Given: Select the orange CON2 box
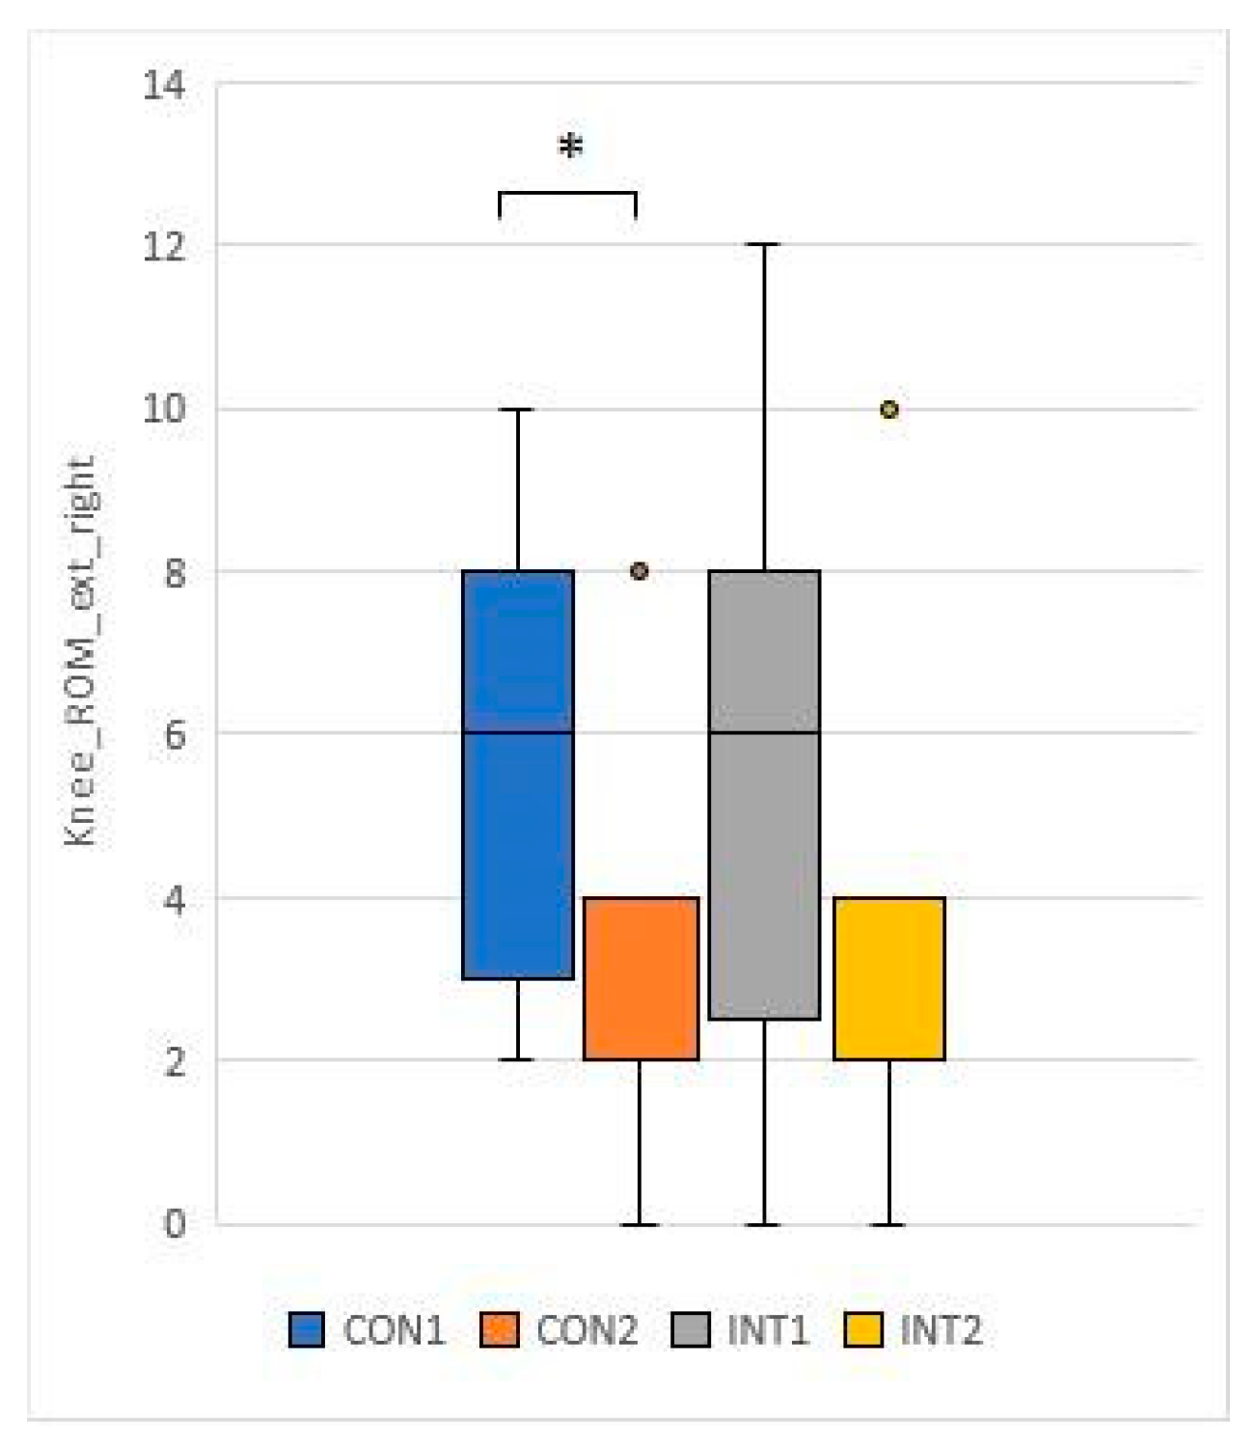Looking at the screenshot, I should (x=641, y=978).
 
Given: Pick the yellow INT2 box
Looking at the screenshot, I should (x=888, y=978).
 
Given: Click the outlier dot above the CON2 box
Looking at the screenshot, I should (x=639, y=571).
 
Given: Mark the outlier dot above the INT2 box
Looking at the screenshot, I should (x=889, y=409).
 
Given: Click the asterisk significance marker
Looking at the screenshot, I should (x=570, y=147).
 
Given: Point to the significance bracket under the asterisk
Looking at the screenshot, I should (x=567, y=194).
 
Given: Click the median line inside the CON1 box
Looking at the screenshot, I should (x=518, y=732).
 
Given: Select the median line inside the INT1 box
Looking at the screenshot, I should (x=764, y=732).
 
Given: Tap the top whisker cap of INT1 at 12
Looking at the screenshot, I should (x=764, y=244).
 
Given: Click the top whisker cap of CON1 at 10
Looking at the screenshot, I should (x=518, y=409).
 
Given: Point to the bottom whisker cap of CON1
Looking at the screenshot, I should (x=518, y=1059).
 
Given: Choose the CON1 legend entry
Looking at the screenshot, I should (x=368, y=1330).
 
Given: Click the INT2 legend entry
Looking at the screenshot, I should (x=914, y=1330).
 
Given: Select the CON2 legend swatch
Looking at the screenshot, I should (x=499, y=1330).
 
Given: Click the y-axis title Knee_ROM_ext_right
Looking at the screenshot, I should (x=81, y=652).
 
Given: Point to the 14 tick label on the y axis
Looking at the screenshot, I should (x=163, y=86).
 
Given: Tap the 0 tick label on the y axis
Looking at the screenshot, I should (x=175, y=1223).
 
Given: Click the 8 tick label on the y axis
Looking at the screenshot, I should (x=175, y=572).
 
